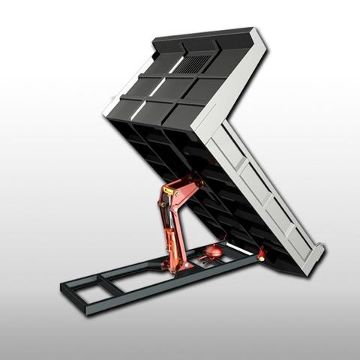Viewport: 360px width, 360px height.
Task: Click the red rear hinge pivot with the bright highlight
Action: pyautogui.click(x=261, y=255)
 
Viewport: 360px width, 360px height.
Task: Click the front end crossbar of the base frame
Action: pyautogui.click(x=75, y=294)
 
